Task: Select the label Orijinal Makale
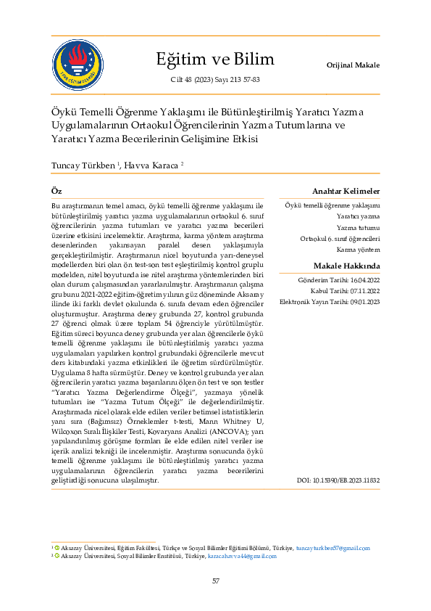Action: coord(353,65)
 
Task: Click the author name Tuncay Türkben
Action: coord(83,165)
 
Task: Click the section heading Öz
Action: coord(57,190)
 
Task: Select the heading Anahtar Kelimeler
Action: coord(346,190)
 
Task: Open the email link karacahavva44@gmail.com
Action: coord(242,555)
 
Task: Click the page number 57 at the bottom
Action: coord(215,581)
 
